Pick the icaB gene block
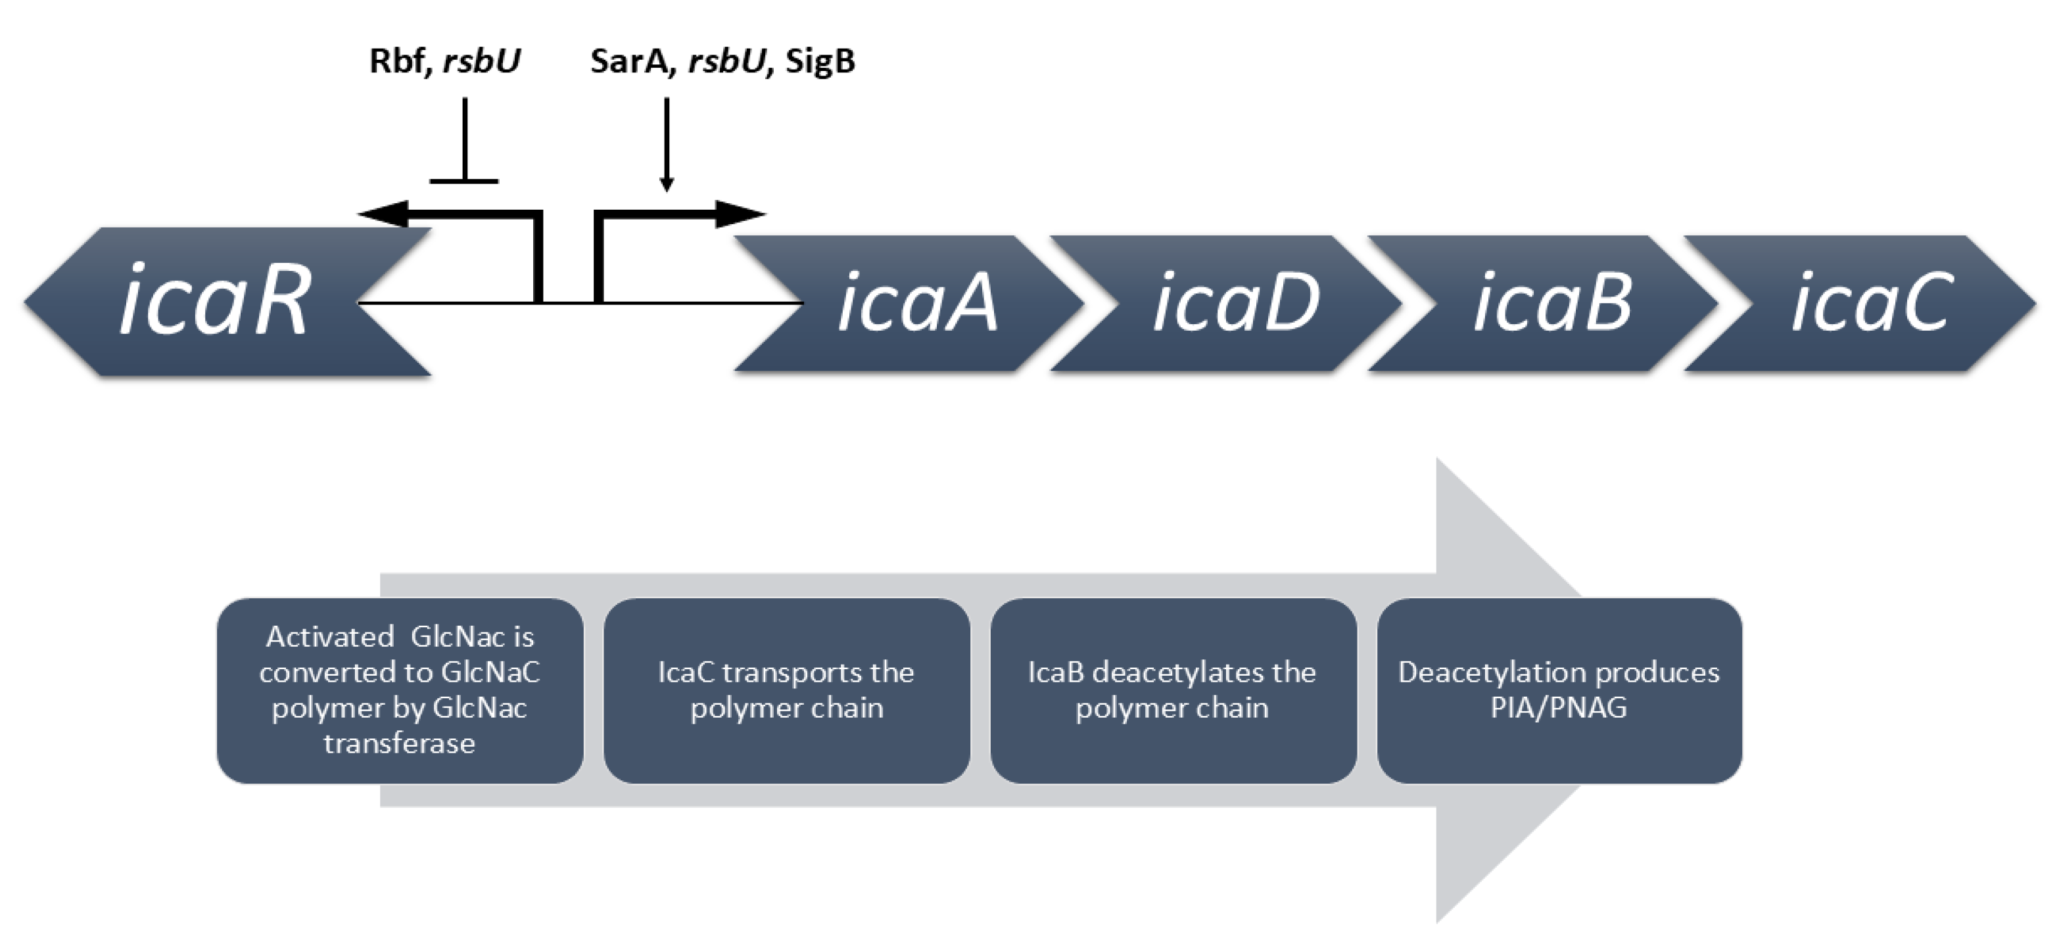(x=1543, y=303)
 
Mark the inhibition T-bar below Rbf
(x=464, y=141)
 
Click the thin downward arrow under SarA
(x=667, y=145)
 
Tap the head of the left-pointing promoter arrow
(x=383, y=214)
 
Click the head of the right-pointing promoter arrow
(x=740, y=214)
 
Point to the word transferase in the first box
(x=400, y=743)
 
